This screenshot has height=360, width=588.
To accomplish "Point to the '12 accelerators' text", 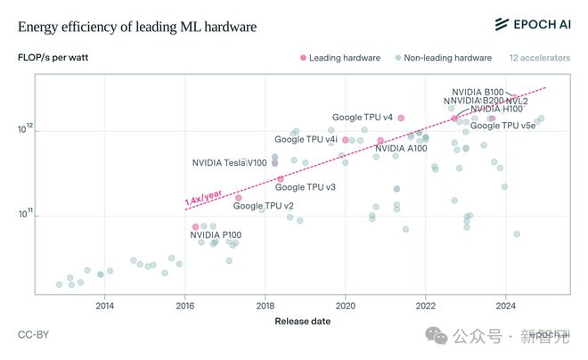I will pyautogui.click(x=538, y=58).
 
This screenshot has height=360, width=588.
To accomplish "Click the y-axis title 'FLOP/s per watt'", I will pyautogui.click(x=53, y=58).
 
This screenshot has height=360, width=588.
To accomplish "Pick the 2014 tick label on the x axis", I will pyautogui.click(x=104, y=305).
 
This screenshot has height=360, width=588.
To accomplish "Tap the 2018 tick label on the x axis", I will pyautogui.click(x=265, y=305).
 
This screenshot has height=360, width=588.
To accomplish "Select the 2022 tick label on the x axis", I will pyautogui.click(x=426, y=305).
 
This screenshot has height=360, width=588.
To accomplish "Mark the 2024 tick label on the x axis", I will pyautogui.click(x=506, y=305).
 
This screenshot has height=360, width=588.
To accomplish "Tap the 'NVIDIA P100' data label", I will pyautogui.click(x=216, y=235).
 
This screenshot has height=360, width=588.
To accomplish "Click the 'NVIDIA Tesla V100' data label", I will pyautogui.click(x=229, y=163).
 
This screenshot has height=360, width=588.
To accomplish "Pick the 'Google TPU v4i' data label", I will pyautogui.click(x=306, y=139).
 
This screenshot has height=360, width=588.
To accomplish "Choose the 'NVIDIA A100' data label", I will pyautogui.click(x=401, y=148).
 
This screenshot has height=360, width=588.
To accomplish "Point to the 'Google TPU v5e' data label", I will pyautogui.click(x=503, y=126).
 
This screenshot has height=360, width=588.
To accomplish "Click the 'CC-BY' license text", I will pyautogui.click(x=33, y=335).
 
